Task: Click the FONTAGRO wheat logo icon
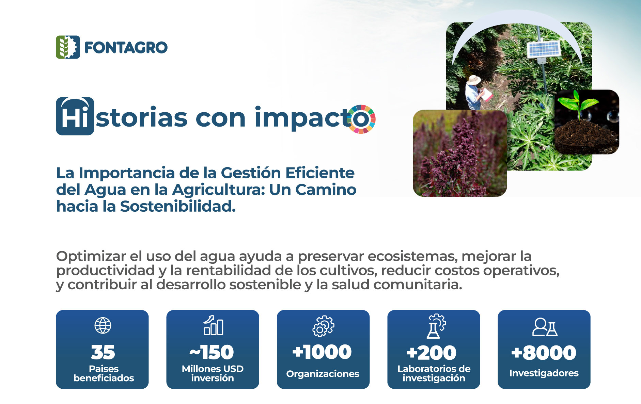point(68,47)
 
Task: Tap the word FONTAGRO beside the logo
point(126,48)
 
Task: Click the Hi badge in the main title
point(75,116)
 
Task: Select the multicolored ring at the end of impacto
point(361,119)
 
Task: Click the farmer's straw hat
point(473,80)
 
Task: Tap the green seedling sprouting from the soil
point(578,103)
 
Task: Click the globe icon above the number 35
point(103,325)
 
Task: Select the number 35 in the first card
point(103,352)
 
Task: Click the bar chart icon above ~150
point(214,325)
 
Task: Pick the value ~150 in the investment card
point(212,352)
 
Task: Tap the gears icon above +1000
point(323,326)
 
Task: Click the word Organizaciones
point(323,374)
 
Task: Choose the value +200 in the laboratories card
point(432,353)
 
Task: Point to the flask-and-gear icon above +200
point(436,326)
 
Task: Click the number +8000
point(544,353)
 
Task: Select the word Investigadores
point(544,373)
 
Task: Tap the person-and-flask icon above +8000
point(545,327)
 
